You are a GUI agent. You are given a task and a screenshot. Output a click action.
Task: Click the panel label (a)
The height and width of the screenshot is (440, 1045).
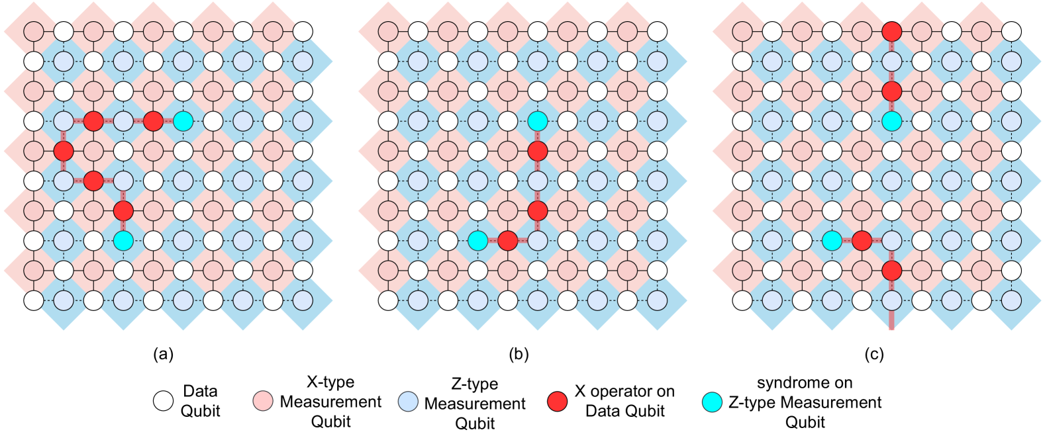[x=163, y=354]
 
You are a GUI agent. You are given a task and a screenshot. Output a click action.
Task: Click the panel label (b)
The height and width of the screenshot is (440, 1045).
[x=518, y=354]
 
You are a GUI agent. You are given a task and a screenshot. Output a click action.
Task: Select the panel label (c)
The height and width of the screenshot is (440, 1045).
[x=873, y=354]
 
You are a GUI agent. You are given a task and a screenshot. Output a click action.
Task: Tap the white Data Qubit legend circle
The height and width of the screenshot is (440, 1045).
[x=164, y=401]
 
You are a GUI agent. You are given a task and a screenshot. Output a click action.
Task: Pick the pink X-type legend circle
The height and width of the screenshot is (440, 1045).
[x=263, y=401]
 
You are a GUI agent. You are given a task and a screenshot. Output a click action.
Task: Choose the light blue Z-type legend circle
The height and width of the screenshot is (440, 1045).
[x=408, y=401]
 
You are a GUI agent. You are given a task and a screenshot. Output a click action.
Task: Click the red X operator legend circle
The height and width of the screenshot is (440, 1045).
[x=558, y=401]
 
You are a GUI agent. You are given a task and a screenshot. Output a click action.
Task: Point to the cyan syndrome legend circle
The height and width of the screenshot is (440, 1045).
[x=712, y=401]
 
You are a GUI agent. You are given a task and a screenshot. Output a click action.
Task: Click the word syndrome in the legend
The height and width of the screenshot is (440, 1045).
[x=805, y=382]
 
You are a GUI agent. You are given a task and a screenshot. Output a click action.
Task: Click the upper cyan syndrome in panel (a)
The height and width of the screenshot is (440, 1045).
[x=183, y=121]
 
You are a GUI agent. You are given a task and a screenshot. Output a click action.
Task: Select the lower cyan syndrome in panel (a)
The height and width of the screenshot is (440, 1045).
[x=123, y=240]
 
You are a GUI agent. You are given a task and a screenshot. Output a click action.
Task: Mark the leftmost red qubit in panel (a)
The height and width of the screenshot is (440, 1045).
[x=64, y=151]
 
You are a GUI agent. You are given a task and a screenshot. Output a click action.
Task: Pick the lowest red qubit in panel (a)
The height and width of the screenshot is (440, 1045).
[x=123, y=210]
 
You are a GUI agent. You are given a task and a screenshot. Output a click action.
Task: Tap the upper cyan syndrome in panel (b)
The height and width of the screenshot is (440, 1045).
[x=538, y=121]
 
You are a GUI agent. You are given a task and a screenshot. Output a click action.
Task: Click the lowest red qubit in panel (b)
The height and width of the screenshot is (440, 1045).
[x=507, y=240]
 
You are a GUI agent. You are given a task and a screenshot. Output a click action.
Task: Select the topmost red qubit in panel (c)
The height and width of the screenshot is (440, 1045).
[x=892, y=31]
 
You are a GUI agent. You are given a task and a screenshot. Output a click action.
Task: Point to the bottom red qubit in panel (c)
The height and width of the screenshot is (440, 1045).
[x=892, y=270]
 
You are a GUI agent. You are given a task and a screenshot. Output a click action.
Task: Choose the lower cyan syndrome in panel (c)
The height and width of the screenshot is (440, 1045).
[x=832, y=240]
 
